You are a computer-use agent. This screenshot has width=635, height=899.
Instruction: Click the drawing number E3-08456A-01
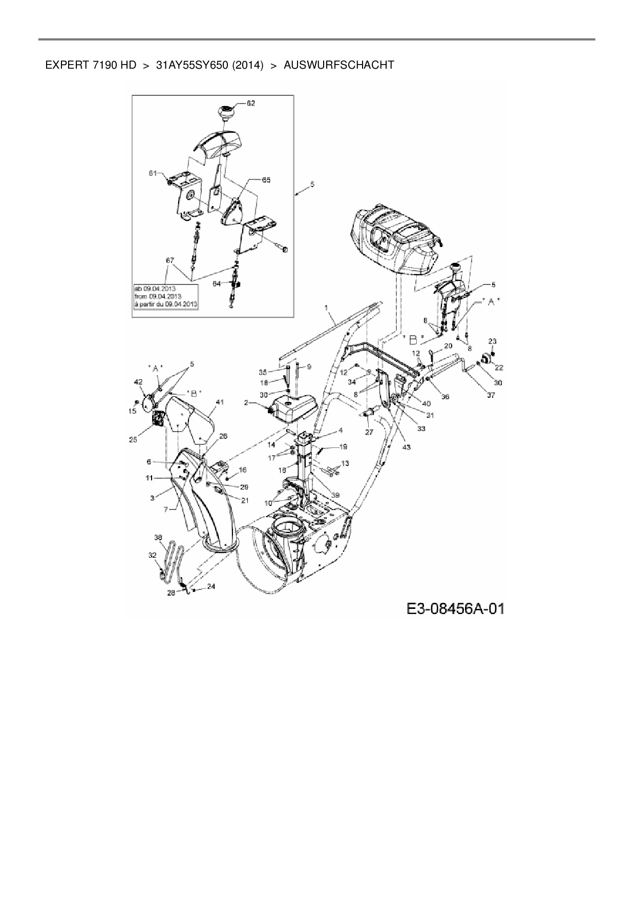(x=455, y=608)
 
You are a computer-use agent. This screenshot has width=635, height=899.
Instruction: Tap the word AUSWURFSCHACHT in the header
(x=338, y=65)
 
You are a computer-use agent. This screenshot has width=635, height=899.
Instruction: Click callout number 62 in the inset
(x=250, y=103)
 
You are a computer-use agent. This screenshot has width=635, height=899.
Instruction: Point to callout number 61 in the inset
(x=153, y=174)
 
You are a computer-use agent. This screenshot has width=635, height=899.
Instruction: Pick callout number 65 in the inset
(x=266, y=180)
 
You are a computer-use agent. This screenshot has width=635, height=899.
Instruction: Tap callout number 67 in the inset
(x=170, y=260)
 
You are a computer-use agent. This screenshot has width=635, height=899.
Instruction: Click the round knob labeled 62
(x=225, y=111)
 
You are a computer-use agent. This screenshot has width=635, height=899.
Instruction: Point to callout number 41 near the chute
(x=219, y=403)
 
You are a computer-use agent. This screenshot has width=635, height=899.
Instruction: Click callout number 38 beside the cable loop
(x=158, y=538)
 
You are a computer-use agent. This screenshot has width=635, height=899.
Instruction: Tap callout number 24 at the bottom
(x=211, y=587)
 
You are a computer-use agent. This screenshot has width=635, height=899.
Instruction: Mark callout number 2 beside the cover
(x=246, y=403)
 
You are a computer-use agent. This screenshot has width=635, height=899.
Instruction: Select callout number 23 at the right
(x=492, y=341)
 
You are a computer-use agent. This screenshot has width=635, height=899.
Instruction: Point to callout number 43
(x=407, y=447)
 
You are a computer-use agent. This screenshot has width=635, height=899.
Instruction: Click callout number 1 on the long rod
(x=325, y=308)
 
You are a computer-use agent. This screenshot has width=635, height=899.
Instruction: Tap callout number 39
(x=335, y=495)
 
